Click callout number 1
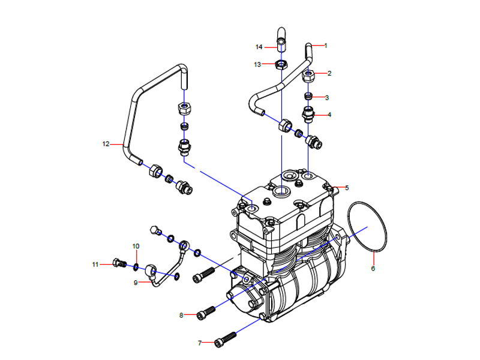click(326, 46)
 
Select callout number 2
click(329, 73)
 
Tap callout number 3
click(327, 97)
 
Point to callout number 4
click(328, 114)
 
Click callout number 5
click(346, 188)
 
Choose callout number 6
click(373, 268)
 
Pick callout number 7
click(200, 343)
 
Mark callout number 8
click(181, 315)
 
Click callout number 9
click(135, 282)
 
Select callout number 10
click(136, 246)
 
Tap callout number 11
click(95, 264)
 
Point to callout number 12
click(106, 144)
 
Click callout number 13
click(258, 64)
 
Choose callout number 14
click(259, 47)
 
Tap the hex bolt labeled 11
click(118, 263)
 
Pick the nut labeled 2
click(309, 76)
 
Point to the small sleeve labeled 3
click(308, 97)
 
